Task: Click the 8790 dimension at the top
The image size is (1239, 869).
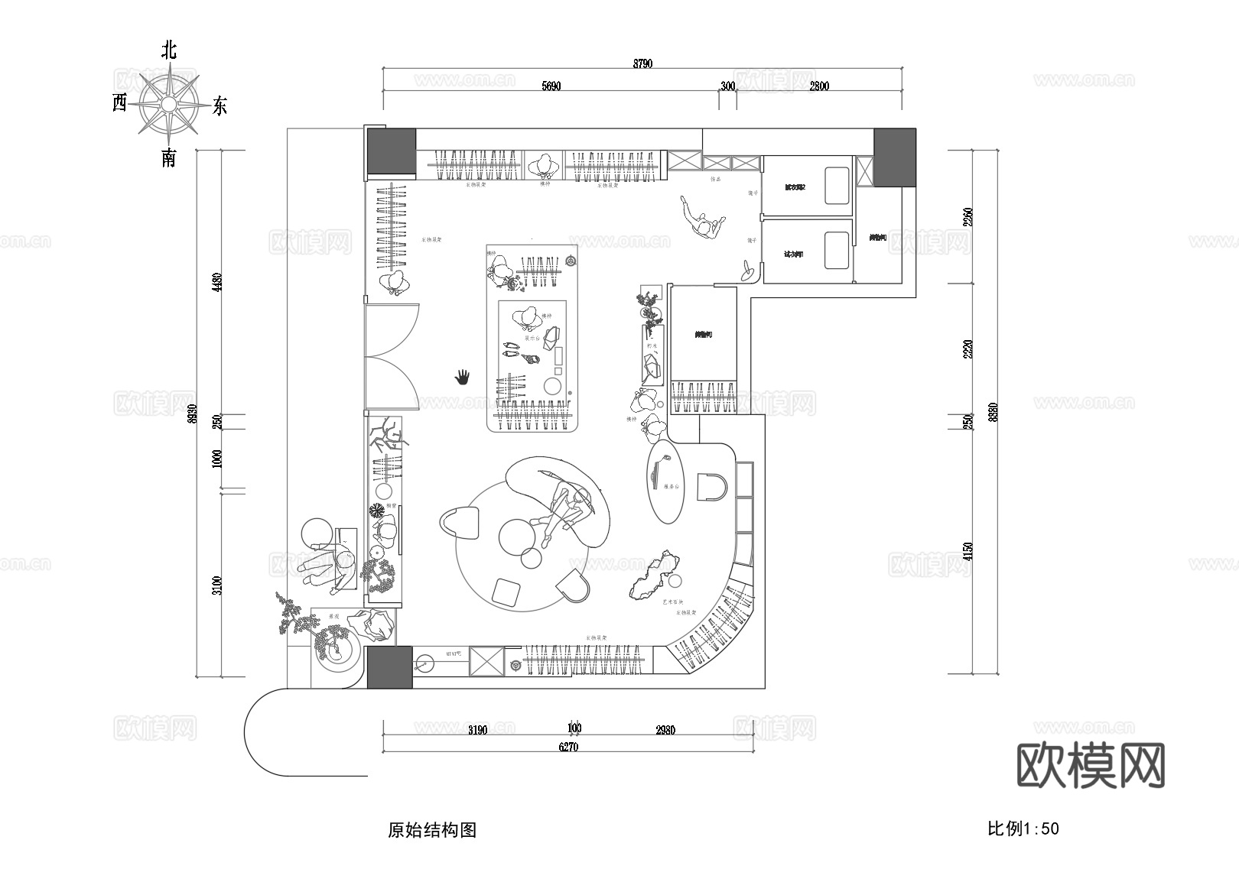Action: click(642, 64)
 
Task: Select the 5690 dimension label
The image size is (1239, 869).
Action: click(551, 86)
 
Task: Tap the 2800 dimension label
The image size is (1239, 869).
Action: click(818, 86)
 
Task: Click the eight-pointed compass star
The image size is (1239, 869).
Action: click(168, 103)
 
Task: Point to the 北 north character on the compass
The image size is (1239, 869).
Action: click(169, 50)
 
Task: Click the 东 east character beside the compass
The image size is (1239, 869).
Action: click(220, 105)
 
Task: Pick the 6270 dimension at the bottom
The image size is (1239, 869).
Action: click(568, 747)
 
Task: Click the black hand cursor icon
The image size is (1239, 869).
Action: click(462, 377)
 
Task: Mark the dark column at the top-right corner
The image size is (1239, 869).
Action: click(894, 157)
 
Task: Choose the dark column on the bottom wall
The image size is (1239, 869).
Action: click(389, 666)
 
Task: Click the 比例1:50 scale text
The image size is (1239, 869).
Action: click(1023, 828)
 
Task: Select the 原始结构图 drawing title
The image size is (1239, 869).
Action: click(432, 830)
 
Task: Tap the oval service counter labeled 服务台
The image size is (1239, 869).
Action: click(666, 483)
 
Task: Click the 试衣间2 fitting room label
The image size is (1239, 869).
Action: click(795, 187)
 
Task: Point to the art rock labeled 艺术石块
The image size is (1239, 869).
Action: click(654, 576)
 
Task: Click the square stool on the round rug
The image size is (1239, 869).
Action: click(506, 591)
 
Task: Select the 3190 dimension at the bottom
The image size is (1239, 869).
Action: click(477, 730)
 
